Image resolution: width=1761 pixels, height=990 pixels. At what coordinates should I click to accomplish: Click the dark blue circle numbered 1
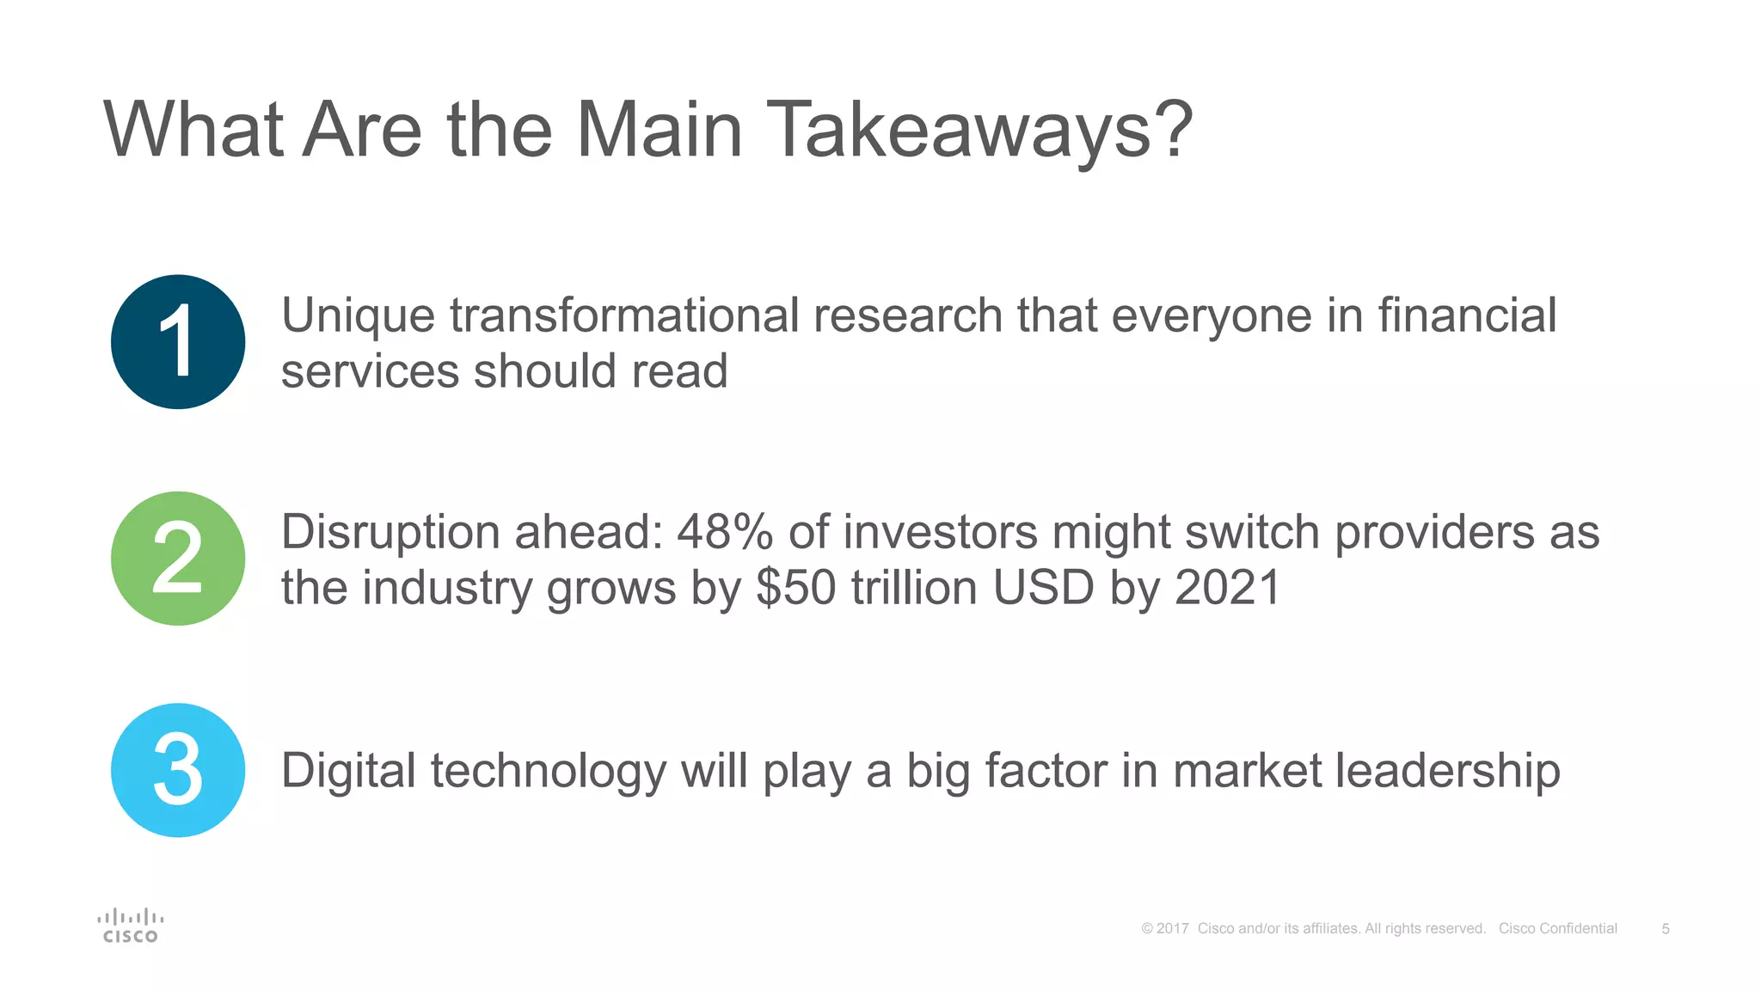click(178, 342)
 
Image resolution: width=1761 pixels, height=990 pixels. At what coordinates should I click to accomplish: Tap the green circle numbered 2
click(178, 559)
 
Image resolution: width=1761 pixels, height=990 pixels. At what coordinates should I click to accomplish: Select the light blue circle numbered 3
click(178, 770)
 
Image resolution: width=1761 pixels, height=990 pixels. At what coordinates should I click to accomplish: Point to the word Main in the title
click(659, 131)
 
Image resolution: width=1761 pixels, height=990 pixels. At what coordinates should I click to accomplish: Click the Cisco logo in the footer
click(130, 926)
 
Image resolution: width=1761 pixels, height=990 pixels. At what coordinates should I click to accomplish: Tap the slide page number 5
click(1666, 929)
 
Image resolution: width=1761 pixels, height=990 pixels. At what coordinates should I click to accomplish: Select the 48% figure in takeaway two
click(725, 533)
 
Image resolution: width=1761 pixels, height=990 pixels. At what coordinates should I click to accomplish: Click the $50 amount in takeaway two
click(796, 589)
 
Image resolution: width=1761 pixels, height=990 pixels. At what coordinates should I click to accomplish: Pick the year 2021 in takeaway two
click(1228, 589)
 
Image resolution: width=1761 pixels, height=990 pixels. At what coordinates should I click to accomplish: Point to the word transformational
click(624, 315)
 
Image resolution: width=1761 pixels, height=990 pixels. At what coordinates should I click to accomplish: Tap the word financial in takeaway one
click(1467, 315)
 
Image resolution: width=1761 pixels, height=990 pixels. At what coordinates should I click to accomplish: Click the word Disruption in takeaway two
click(390, 533)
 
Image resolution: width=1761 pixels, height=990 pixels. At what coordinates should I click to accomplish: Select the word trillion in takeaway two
click(914, 589)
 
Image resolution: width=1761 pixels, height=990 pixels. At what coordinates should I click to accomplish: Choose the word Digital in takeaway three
click(348, 771)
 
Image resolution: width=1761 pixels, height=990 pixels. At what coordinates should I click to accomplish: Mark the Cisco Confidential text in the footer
click(1557, 929)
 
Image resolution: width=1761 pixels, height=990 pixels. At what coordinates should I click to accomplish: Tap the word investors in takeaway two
click(941, 533)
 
